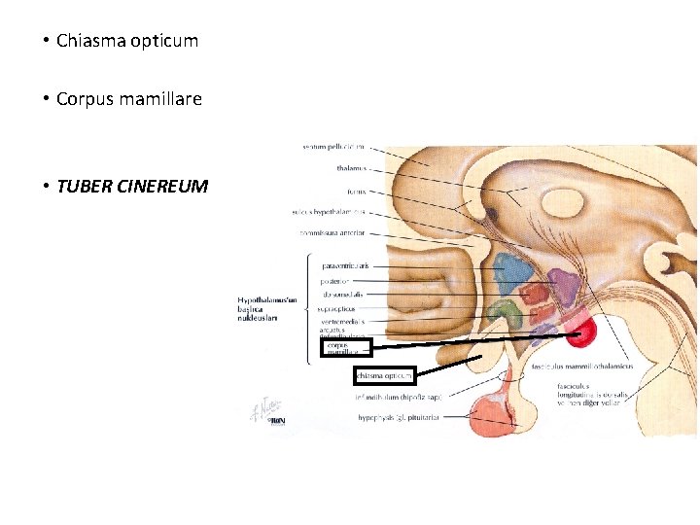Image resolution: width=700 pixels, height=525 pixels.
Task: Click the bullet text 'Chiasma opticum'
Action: [x=127, y=41]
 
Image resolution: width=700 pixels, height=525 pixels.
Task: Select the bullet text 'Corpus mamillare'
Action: [x=129, y=99]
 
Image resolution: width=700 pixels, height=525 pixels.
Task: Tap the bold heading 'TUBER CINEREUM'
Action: [x=132, y=186]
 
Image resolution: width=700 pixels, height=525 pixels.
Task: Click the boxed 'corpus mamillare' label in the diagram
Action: [x=345, y=347]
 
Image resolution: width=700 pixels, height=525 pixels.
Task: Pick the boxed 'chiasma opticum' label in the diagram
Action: [x=385, y=375]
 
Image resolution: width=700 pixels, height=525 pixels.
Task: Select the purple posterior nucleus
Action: [x=565, y=287]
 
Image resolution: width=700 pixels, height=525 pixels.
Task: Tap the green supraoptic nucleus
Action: [x=505, y=313]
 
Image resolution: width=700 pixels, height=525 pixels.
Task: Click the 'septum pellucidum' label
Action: [x=332, y=147]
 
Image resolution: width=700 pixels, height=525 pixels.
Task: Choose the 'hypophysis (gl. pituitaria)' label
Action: [x=399, y=417]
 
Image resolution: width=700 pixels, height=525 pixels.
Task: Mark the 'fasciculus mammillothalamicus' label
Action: [x=582, y=367]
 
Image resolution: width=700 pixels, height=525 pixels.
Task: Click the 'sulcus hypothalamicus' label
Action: [x=328, y=211]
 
